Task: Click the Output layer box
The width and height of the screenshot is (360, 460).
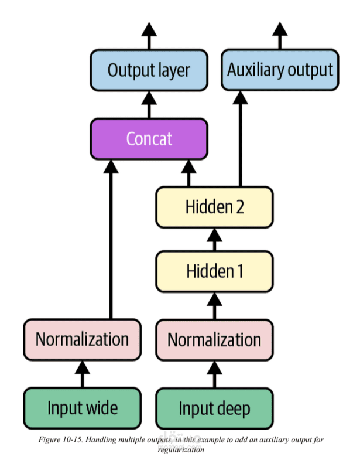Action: pos(149,71)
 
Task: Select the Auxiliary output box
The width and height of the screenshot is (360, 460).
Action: pos(280,71)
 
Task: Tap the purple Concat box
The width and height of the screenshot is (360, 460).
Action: pos(149,139)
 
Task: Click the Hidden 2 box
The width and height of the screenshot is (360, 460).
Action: pos(214,207)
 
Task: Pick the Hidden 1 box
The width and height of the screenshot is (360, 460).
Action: pos(214,271)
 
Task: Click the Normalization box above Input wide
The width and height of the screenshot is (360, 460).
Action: pos(82,339)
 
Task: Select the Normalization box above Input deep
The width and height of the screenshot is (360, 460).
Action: pos(214,339)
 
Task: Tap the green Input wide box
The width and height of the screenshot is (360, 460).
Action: pos(82,408)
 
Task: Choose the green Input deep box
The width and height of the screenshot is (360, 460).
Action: pos(214,408)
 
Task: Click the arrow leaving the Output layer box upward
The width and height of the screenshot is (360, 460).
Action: pos(149,36)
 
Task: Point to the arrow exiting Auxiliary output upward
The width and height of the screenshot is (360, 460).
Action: pos(280,36)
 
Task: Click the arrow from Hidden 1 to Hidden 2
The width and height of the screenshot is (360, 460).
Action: pos(214,239)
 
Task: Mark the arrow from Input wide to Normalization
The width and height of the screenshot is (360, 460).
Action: pos(82,374)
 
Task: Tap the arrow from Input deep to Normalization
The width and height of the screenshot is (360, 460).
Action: pos(214,374)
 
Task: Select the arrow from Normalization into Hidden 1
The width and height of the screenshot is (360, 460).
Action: pos(214,305)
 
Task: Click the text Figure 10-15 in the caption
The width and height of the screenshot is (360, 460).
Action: pos(59,439)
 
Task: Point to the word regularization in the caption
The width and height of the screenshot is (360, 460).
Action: pos(181,449)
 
